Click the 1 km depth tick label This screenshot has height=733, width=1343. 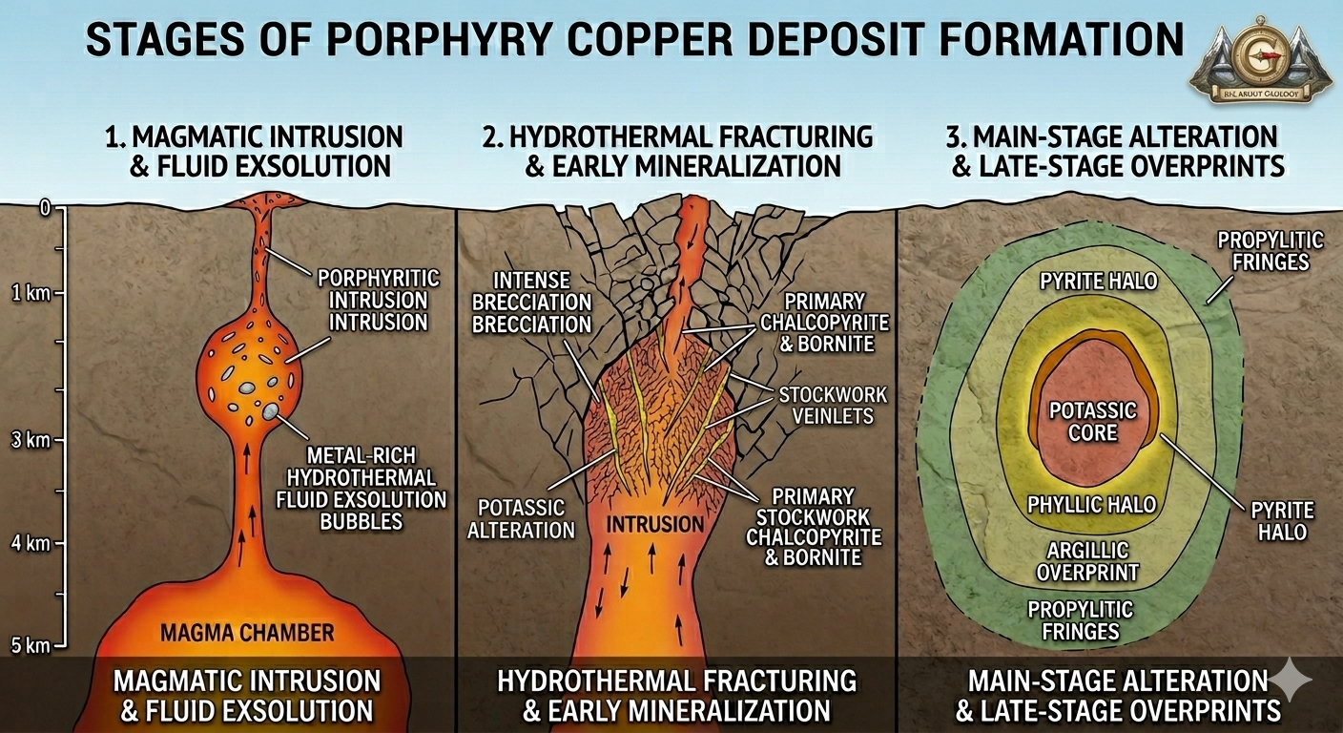pos(30,293)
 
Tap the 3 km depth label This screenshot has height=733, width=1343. pos(30,440)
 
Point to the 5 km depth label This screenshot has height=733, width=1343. pos(30,645)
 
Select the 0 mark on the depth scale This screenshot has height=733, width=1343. pos(43,208)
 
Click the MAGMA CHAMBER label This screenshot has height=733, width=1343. pos(247,632)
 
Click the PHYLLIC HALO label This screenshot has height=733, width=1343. pos(1091,504)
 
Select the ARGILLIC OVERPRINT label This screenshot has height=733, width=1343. pos(1087,561)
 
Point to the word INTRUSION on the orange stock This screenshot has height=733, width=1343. pos(656,524)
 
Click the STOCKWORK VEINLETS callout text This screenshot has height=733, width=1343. pos(832,406)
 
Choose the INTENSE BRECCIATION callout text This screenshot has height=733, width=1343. pos(532,303)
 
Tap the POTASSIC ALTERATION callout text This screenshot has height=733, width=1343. pos(521,518)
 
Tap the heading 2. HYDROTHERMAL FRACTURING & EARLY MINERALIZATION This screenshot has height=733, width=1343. pos(678,151)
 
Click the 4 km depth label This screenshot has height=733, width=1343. pos(30,543)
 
